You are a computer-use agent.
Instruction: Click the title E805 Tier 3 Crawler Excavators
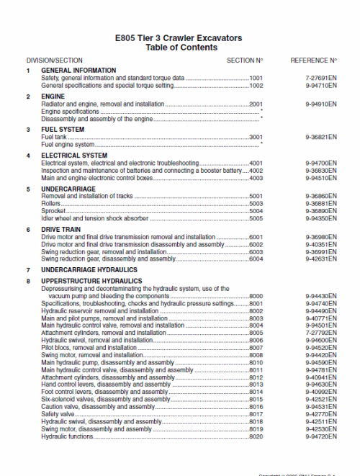180,37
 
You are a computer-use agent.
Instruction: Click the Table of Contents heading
180,48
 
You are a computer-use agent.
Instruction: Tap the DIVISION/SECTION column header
55,60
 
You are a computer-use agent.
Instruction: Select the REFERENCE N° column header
313,60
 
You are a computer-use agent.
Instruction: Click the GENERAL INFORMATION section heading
78,70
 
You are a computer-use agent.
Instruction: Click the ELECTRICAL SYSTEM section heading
74,156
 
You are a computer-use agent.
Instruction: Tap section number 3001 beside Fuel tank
256,137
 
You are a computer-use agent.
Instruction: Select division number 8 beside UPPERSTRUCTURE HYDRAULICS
29,281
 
